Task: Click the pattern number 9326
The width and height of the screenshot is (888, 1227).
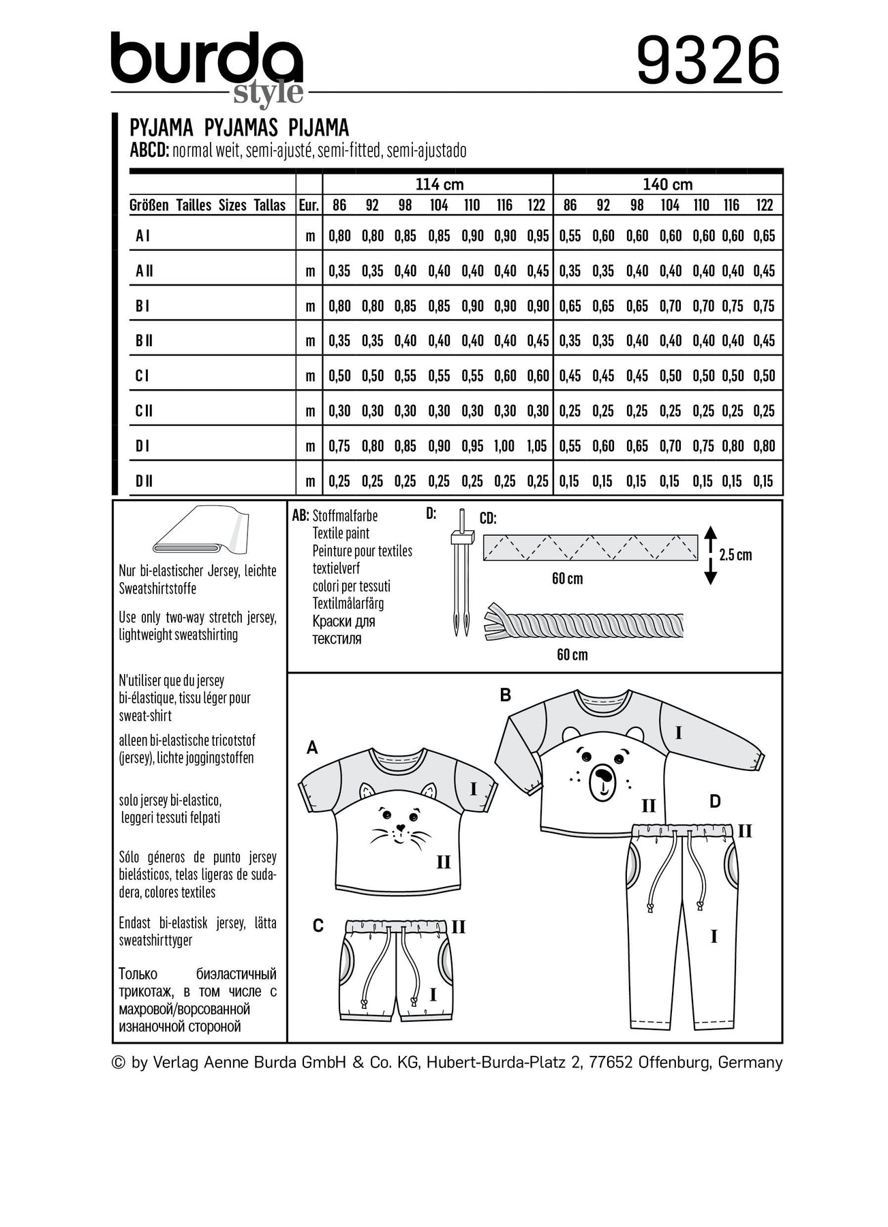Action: tap(708, 61)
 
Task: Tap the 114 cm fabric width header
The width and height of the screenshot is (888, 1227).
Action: tap(439, 184)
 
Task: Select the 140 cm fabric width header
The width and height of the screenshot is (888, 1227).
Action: tap(667, 184)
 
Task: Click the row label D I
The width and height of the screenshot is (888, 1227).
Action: tap(142, 446)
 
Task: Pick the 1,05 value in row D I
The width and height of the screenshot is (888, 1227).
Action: tap(537, 446)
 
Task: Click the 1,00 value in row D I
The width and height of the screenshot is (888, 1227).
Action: tap(504, 446)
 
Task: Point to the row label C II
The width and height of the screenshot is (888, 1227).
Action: tap(144, 411)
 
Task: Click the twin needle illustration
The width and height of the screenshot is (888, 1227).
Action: tap(461, 573)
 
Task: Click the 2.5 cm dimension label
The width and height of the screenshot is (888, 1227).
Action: tap(735, 555)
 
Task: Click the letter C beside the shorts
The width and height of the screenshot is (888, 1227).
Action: tap(318, 926)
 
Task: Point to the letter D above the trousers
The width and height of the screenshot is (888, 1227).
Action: tap(714, 802)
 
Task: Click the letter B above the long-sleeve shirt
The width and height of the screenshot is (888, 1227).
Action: tap(506, 695)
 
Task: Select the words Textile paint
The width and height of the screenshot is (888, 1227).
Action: tap(341, 534)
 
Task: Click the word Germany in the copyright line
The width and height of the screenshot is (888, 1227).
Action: tap(750, 1062)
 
